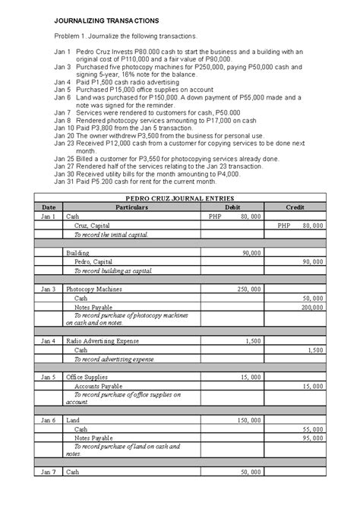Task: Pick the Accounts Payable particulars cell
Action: pyautogui.click(x=98, y=387)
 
